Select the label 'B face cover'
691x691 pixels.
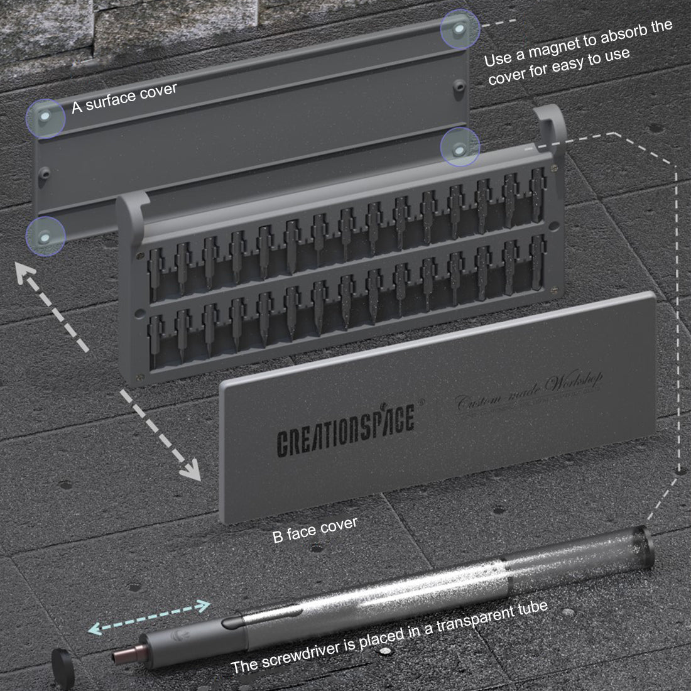[x=315, y=530]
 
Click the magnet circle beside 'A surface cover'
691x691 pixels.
[x=45, y=118]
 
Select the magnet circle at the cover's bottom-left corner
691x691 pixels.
[x=45, y=236]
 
